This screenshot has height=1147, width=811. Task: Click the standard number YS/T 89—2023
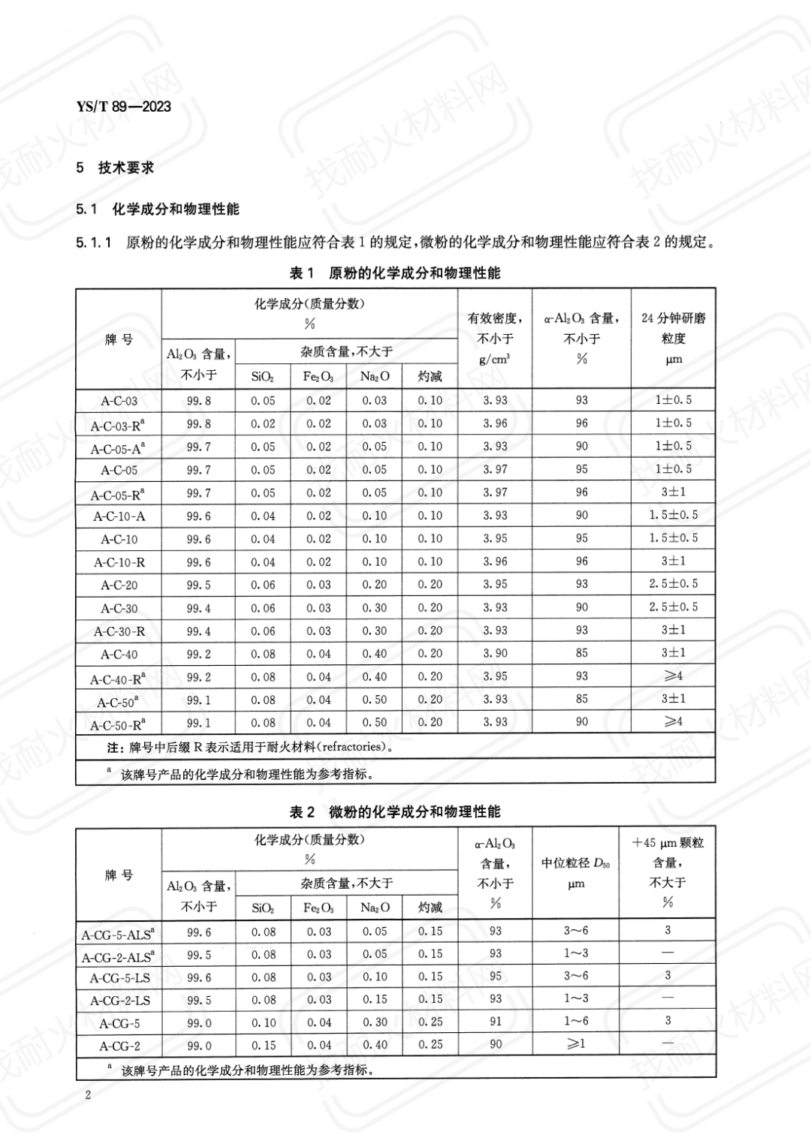point(124,107)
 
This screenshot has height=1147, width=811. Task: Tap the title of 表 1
point(395,273)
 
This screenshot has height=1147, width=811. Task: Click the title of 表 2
point(395,812)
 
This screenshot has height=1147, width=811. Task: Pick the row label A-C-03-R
point(117,426)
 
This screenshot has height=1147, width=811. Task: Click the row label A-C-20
point(119,586)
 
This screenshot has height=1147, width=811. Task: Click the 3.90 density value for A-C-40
point(496,653)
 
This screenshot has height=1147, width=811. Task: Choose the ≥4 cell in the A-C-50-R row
point(674,722)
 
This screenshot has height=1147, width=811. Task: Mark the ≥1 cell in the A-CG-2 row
point(576,1045)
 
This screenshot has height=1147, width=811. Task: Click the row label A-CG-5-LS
point(119,978)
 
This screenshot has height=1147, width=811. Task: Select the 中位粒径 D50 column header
point(576,863)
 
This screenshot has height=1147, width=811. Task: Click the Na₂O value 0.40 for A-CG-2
point(375,1045)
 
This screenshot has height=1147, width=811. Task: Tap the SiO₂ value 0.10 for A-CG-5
point(264,1022)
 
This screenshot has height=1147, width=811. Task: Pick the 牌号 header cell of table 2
point(119,875)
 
